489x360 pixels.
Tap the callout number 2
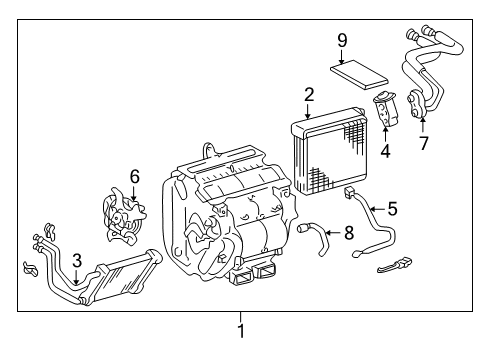[309, 95]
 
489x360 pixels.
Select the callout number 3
[77, 261]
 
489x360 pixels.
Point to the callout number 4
[385, 154]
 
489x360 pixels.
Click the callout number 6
[134, 175]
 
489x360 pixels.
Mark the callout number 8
[348, 233]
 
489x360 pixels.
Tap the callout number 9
[342, 40]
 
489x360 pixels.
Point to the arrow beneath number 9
[342, 58]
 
